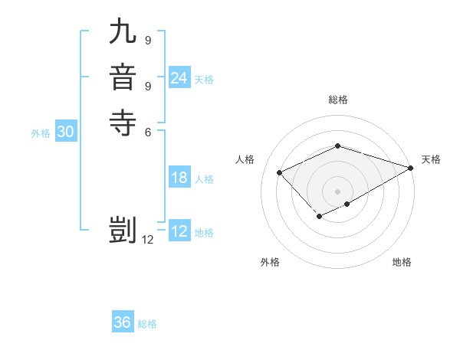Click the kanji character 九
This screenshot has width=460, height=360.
tap(122, 34)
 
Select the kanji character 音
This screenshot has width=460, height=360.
tap(122, 79)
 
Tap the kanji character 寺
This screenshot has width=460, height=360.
tap(122, 123)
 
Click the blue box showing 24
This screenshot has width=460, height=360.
tap(179, 78)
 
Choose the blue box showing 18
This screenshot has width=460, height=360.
tap(179, 178)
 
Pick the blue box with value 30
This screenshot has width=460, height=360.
tap(65, 132)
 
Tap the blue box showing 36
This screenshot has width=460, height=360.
tap(122, 322)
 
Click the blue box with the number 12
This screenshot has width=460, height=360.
tap(179, 231)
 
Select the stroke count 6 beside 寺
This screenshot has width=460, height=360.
tap(147, 131)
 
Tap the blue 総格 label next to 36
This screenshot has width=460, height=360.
tap(147, 324)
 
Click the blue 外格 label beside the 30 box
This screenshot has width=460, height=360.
tap(41, 133)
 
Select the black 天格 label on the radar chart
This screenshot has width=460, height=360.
tap(431, 159)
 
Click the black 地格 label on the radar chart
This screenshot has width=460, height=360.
tap(402, 263)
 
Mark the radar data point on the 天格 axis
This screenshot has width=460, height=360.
tap(411, 168)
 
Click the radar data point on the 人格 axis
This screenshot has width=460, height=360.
tap(280, 173)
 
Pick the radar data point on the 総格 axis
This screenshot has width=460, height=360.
tap(337, 146)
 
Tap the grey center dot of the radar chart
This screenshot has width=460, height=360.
tap(337, 191)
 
